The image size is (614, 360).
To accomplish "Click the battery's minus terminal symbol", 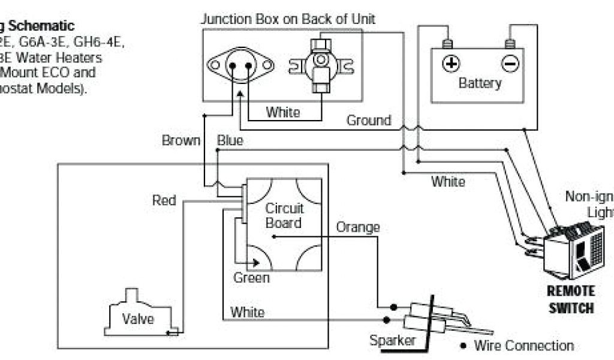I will (510, 63).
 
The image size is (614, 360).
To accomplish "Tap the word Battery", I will (479, 83).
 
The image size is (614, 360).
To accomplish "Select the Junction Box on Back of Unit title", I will (288, 19).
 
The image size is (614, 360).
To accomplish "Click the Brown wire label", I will (180, 141).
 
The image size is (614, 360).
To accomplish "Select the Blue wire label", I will (230, 141).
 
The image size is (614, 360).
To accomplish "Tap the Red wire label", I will (164, 200).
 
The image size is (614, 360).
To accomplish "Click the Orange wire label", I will (357, 227).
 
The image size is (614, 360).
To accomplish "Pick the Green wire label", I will (251, 278).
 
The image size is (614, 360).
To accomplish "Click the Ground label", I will (368, 121).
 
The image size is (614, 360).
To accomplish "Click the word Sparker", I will (392, 341).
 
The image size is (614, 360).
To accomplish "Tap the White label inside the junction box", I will (283, 112).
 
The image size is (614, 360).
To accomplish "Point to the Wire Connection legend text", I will (523, 346).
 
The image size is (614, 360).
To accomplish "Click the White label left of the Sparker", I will (247, 312).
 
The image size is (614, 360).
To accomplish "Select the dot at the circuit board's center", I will (273, 237).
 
